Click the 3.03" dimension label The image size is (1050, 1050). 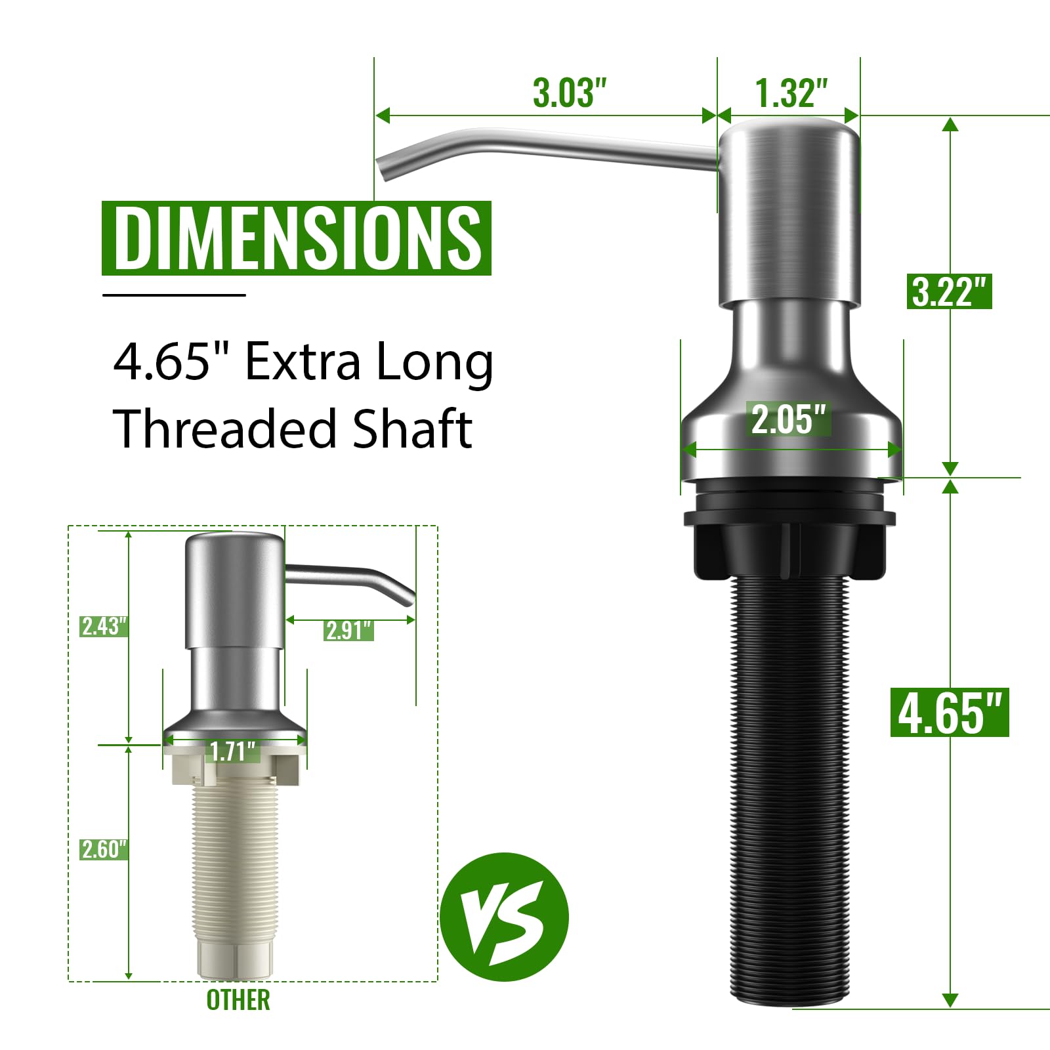(569, 93)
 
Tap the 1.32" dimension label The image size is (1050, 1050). (791, 93)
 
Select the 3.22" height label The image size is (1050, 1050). (949, 291)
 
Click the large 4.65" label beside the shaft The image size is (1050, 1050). (949, 713)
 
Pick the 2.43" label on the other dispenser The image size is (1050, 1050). (103, 626)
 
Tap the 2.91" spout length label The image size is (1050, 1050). (348, 631)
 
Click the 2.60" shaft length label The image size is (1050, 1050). (103, 849)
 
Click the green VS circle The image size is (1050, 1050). (503, 917)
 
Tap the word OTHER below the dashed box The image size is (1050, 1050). (238, 1000)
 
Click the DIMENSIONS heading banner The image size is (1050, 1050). (297, 238)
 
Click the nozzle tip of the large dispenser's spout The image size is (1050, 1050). (387, 168)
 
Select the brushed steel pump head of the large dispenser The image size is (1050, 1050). (789, 210)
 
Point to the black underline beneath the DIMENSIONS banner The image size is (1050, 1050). (174, 295)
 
